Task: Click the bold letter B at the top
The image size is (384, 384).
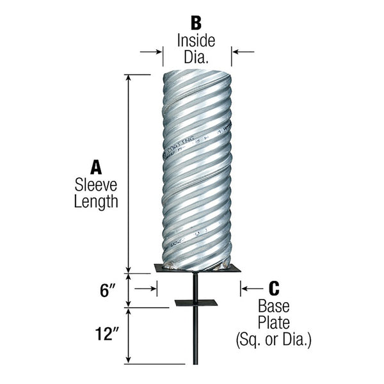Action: pyautogui.click(x=196, y=22)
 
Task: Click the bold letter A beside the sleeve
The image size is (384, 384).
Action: pyautogui.click(x=97, y=168)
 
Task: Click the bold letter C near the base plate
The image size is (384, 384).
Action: pyautogui.click(x=273, y=289)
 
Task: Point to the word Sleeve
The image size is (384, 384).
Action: pyautogui.click(x=97, y=186)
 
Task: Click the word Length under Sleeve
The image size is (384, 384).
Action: pyautogui.click(x=97, y=202)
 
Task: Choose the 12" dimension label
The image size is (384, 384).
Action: pyautogui.click(x=104, y=334)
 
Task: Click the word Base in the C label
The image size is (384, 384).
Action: pyautogui.click(x=273, y=307)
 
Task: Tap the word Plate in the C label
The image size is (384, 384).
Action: pyautogui.click(x=273, y=322)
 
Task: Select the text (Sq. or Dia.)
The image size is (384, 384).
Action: pyautogui.click(x=273, y=339)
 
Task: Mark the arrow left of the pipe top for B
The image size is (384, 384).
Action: pyautogui.click(x=151, y=52)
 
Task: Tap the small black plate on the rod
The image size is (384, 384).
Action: pyautogui.click(x=196, y=303)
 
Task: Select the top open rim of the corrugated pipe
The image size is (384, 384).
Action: pyautogui.click(x=196, y=72)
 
